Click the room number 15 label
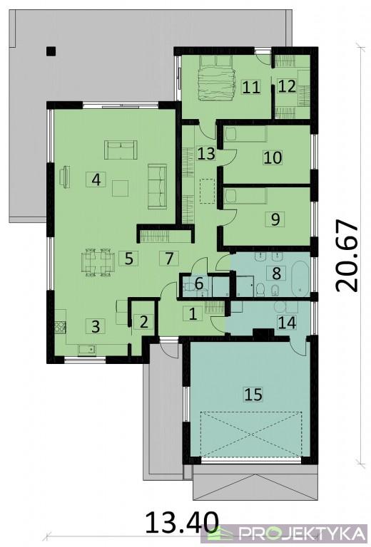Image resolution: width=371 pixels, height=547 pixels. tap(253, 394)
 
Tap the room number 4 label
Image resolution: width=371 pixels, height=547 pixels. tap(96, 179)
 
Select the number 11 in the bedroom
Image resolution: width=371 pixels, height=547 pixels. tap(251, 87)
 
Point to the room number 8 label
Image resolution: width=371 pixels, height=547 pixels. tap(276, 273)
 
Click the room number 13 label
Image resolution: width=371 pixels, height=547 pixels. tap(206, 153)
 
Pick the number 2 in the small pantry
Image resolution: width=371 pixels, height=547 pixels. tap(143, 322)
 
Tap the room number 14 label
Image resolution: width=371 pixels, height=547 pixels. tap(287, 322)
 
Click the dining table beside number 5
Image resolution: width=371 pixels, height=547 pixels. tap(98, 262)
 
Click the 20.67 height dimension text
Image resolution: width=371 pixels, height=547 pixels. tap(346, 255)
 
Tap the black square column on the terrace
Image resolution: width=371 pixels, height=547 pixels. tap(51, 51)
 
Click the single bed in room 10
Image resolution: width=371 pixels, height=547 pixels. tap(245, 135)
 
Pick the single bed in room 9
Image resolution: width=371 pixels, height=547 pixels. tap(245, 196)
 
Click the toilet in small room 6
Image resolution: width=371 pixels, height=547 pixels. tap(189, 288)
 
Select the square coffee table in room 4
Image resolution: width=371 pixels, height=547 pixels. tap(120, 188)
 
